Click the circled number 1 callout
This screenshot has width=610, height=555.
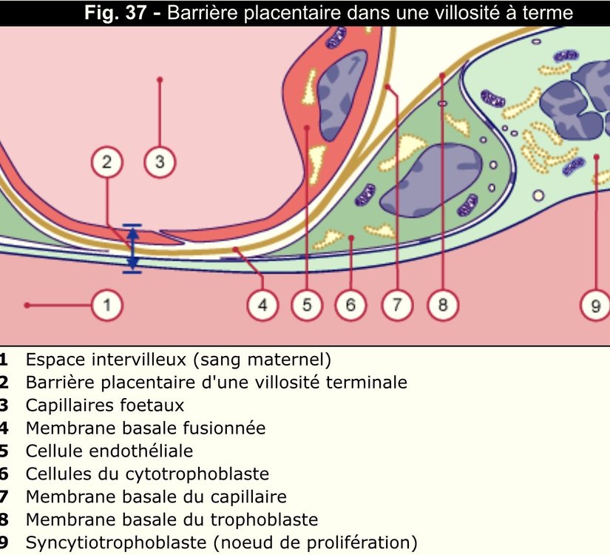tap(107, 305)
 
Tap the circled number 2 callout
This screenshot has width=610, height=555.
tap(107, 163)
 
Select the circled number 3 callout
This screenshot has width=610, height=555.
tap(160, 163)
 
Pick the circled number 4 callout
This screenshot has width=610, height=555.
tap(262, 305)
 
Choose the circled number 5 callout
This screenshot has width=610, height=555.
tap(307, 305)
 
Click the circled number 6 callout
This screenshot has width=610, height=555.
tap(351, 305)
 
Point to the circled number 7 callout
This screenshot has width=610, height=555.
tap(397, 305)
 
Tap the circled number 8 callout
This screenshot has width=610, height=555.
tap(442, 305)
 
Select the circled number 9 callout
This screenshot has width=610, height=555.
tap(595, 305)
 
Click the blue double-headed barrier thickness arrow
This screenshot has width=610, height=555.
tap(132, 249)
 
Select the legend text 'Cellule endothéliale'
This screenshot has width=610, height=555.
tap(109, 451)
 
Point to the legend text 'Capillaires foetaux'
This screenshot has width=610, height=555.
tap(104, 406)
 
